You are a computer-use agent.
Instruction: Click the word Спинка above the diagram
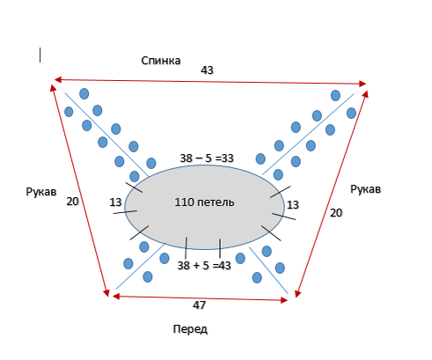(161, 61)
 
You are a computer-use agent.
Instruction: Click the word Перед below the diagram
(190, 329)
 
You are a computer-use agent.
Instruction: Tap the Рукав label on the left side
(41, 192)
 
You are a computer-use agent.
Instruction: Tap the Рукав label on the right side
(365, 189)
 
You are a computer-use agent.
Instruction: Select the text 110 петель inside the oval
(204, 202)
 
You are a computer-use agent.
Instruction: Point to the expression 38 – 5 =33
(207, 158)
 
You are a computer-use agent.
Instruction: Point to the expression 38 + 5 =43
(204, 266)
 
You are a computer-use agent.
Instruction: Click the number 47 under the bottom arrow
(199, 305)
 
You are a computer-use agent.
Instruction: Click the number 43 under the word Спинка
(207, 70)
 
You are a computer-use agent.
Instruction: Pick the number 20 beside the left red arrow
(72, 202)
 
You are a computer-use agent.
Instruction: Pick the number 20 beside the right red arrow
(336, 213)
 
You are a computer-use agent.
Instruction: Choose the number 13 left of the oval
(115, 202)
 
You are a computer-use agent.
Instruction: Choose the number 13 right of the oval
(293, 205)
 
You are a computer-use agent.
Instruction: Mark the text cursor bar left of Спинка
(40, 55)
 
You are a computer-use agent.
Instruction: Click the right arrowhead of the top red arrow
(362, 84)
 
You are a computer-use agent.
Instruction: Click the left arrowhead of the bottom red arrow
(116, 297)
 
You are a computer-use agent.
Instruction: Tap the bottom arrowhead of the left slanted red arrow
(106, 293)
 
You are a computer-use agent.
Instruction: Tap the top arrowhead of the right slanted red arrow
(365, 94)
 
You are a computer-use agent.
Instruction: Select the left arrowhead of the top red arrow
(58, 79)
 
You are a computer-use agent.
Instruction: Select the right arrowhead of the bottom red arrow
(284, 300)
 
